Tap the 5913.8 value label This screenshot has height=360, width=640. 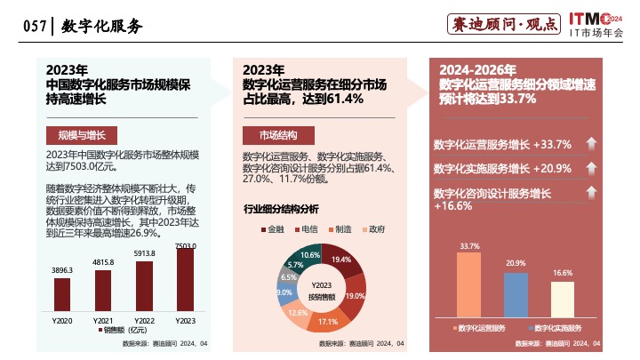click(144, 253)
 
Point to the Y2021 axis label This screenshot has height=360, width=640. click(103, 319)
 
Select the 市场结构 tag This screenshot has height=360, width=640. click(278, 135)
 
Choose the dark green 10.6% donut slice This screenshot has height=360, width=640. click(311, 256)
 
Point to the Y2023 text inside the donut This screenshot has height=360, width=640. click(322, 284)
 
